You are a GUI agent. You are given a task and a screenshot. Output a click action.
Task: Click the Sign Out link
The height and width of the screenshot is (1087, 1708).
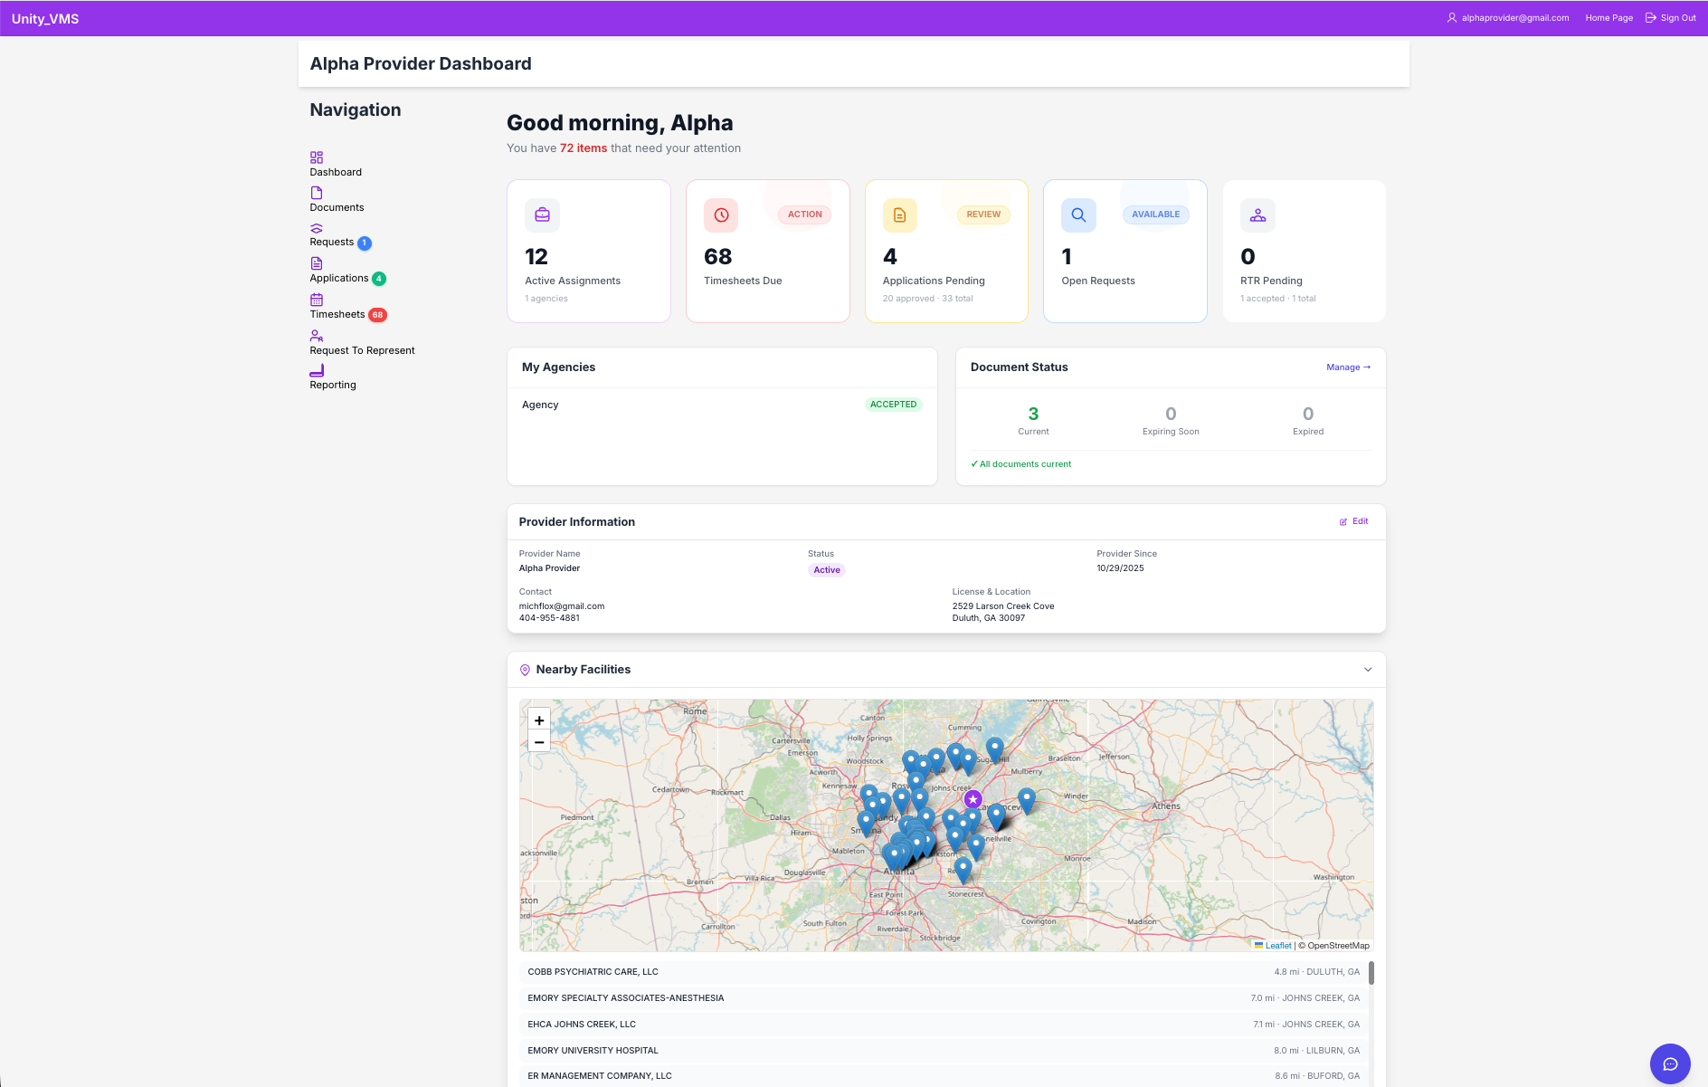(x=1671, y=18)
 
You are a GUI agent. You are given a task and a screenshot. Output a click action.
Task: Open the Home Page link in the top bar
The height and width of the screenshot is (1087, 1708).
(x=1608, y=18)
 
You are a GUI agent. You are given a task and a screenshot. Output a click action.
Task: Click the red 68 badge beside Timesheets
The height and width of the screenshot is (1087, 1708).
(x=377, y=315)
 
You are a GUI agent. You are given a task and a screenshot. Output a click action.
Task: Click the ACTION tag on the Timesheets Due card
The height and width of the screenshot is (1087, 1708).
(x=804, y=215)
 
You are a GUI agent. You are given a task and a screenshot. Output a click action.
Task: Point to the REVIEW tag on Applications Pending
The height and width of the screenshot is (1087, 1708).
(x=983, y=215)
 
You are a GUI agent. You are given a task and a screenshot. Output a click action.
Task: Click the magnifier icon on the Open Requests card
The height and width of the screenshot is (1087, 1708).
(x=1078, y=215)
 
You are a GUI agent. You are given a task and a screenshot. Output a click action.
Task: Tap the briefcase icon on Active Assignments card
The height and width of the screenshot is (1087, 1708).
(x=542, y=215)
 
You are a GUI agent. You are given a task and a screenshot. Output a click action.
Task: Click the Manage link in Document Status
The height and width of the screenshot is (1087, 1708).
(x=1348, y=367)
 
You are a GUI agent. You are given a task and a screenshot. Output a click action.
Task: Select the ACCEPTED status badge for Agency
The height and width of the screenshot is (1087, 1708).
(x=893, y=405)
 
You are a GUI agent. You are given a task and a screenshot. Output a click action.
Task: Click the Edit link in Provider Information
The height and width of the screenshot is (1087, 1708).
(x=1354, y=521)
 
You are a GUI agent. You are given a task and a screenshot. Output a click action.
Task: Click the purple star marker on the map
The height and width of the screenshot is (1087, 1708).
(x=973, y=799)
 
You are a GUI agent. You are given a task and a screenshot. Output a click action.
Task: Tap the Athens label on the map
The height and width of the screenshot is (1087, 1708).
(x=1166, y=806)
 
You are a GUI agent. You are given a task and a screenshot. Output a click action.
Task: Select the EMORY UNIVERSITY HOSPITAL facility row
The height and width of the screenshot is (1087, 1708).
(x=593, y=1051)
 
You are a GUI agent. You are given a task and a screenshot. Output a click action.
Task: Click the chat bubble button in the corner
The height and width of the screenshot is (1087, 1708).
(x=1670, y=1063)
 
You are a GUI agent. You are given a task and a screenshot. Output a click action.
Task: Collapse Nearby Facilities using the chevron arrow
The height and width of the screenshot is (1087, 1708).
(x=1368, y=670)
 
